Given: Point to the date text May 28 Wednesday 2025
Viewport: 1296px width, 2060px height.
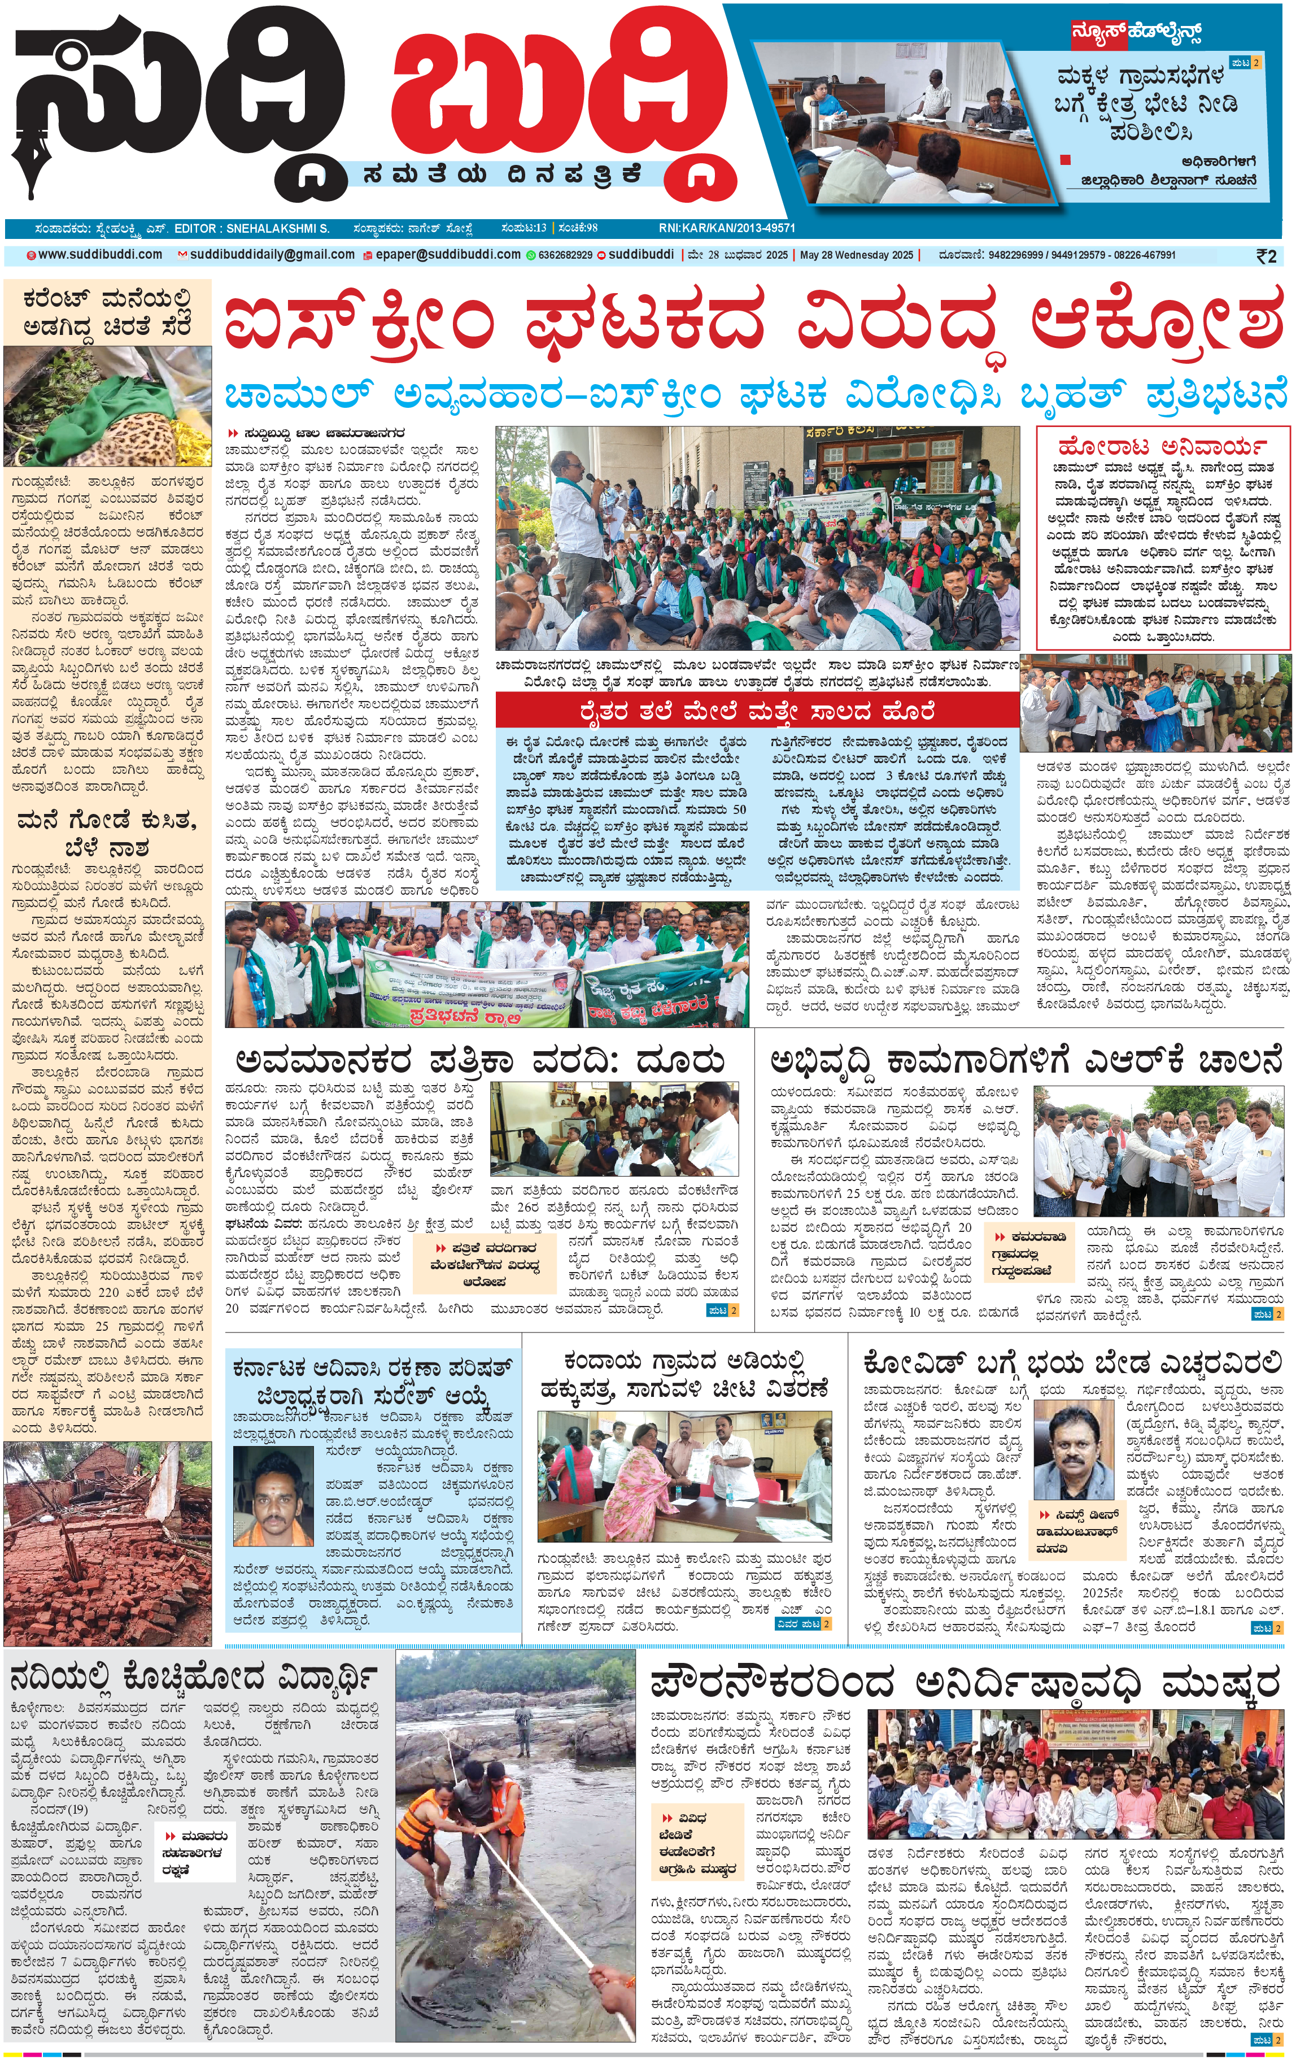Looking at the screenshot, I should click(x=856, y=255).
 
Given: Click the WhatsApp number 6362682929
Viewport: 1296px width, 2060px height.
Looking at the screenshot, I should click(x=565, y=255).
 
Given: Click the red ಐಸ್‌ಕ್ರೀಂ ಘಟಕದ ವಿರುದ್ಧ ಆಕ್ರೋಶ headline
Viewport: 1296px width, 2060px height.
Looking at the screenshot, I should click(x=753, y=323).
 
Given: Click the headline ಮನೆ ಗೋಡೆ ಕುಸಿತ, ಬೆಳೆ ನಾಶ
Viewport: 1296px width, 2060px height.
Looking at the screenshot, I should click(x=107, y=834).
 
